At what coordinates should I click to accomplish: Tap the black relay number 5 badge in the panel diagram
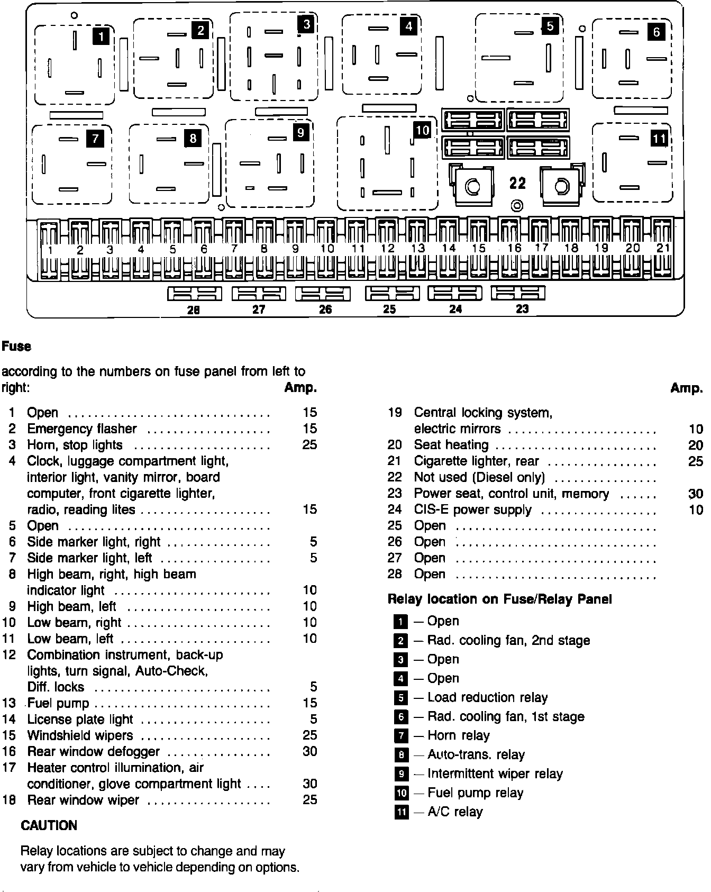[550, 25]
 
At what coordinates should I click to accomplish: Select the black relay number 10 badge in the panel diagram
[422, 130]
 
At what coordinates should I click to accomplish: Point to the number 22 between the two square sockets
[518, 183]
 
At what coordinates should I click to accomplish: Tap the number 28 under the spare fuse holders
[194, 310]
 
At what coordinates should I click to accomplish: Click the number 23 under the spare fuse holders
[522, 309]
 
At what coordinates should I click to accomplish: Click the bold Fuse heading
[16, 347]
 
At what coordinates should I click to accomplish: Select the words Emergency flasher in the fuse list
[82, 429]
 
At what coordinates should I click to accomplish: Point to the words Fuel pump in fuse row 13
[58, 703]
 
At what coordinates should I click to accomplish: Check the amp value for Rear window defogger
[309, 751]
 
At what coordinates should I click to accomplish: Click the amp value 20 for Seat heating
[695, 445]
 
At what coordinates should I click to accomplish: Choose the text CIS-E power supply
[472, 509]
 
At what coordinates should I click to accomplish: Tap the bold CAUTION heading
[49, 825]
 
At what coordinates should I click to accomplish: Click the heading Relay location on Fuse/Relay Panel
[499, 599]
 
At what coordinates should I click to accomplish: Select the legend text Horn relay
[458, 735]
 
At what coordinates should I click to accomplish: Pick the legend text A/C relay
[455, 812]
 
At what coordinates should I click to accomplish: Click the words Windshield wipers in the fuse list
[80, 735]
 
